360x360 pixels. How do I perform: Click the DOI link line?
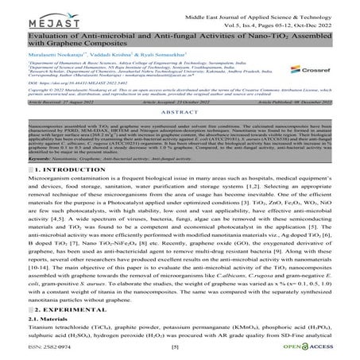click(x=72, y=103)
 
